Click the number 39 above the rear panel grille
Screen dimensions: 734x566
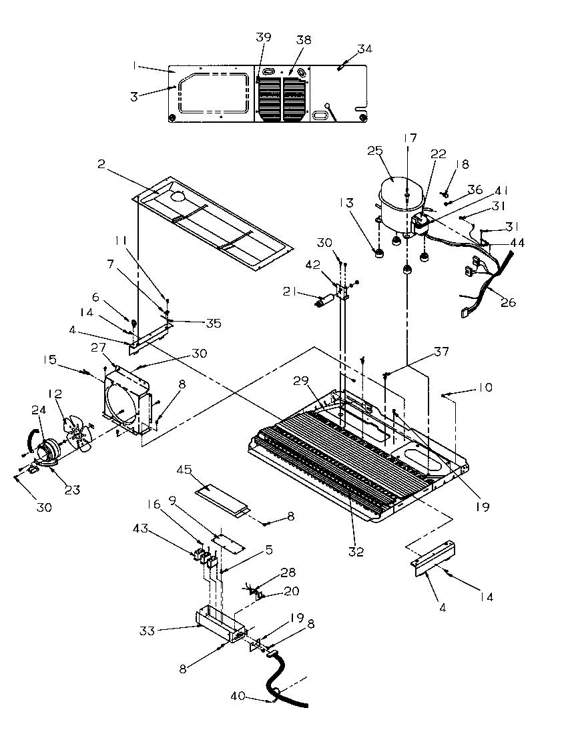263,37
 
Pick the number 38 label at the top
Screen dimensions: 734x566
304,40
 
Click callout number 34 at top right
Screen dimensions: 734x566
365,49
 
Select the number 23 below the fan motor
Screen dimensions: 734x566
72,490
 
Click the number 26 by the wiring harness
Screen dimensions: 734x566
508,302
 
